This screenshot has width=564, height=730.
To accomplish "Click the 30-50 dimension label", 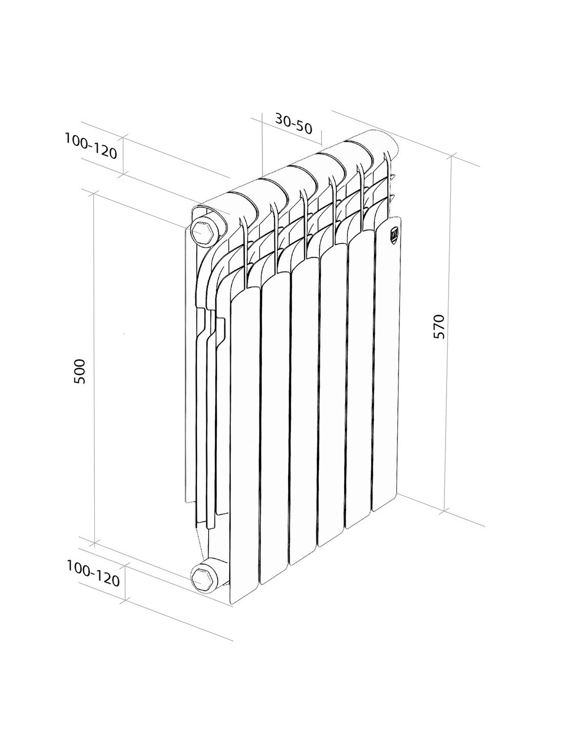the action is pyautogui.click(x=294, y=123).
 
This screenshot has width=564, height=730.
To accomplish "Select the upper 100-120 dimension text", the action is pyautogui.click(x=91, y=146).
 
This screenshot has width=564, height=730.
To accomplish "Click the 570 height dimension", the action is pyautogui.click(x=439, y=326).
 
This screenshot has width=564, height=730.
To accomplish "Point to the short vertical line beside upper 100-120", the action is pyautogui.click(x=124, y=155).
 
